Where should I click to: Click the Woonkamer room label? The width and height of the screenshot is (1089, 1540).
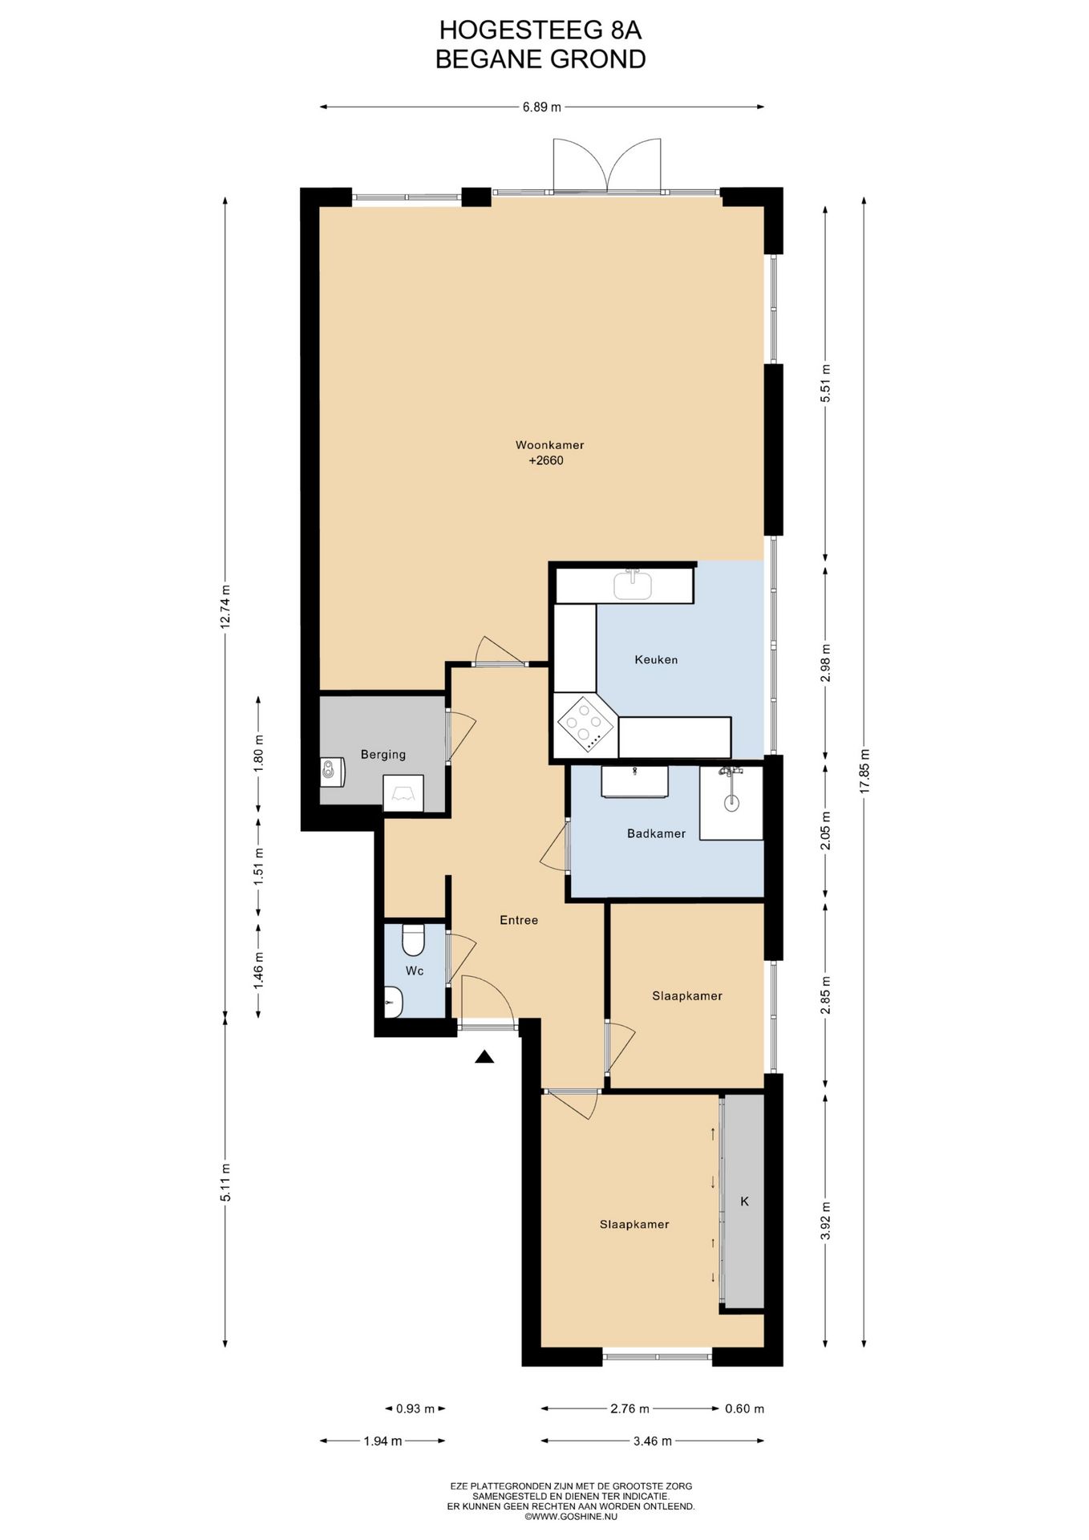pyautogui.click(x=549, y=444)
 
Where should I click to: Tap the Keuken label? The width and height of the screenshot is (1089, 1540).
pyautogui.click(x=656, y=659)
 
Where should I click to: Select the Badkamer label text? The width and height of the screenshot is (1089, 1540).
pyautogui.click(x=656, y=833)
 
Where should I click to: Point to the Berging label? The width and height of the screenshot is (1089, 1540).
pyautogui.click(x=383, y=755)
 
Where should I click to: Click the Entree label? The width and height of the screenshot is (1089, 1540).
pyautogui.click(x=519, y=920)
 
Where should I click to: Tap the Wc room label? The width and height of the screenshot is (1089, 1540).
pyautogui.click(x=414, y=971)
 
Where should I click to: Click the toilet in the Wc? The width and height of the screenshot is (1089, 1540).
pyautogui.click(x=413, y=939)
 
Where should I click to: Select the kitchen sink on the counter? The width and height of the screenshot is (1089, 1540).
pyautogui.click(x=633, y=584)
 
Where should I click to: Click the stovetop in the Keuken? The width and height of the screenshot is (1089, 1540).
pyautogui.click(x=585, y=724)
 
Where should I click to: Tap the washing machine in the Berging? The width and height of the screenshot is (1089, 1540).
pyautogui.click(x=332, y=772)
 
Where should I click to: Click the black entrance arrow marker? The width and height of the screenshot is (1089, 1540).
pyautogui.click(x=484, y=1057)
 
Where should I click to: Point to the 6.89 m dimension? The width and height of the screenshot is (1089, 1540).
pyautogui.click(x=542, y=107)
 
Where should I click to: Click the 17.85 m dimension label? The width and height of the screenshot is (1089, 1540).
pyautogui.click(x=864, y=771)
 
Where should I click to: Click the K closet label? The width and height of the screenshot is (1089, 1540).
pyautogui.click(x=744, y=1202)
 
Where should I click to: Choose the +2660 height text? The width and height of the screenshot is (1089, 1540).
pyautogui.click(x=546, y=460)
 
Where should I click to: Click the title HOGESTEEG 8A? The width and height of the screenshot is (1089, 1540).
pyautogui.click(x=540, y=30)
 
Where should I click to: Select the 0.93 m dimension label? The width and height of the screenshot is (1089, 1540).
pyautogui.click(x=415, y=1408)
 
